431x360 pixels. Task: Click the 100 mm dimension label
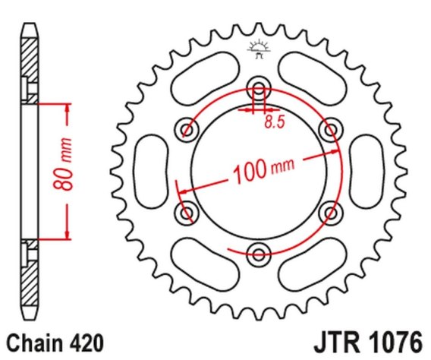pos(263,169)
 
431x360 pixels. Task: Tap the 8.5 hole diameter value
pos(275,122)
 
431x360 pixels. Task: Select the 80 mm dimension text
pos(63,164)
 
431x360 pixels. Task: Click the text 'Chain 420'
pos(55,343)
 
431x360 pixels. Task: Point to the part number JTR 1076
pos(368,343)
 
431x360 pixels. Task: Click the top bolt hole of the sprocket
pos(259,89)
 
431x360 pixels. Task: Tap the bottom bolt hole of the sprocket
pos(259,254)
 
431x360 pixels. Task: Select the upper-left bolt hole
pos(187,130)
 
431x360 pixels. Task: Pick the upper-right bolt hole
pos(331,130)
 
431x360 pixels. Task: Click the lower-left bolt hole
pos(187,213)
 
